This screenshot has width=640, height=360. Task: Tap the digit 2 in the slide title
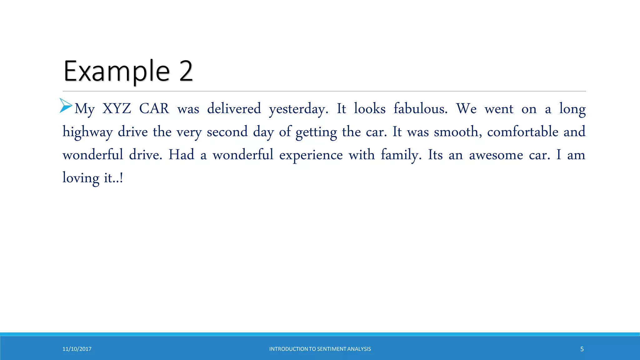point(186,72)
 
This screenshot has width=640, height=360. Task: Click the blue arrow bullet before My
point(66,105)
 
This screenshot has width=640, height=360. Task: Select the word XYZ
point(117,109)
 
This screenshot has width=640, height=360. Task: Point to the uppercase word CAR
point(154,109)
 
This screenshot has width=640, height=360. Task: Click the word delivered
point(234,109)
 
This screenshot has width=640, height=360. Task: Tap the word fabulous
point(420,109)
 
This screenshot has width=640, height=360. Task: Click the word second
point(227,132)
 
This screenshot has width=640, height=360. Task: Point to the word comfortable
point(523,132)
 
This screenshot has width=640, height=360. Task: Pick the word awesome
point(496,155)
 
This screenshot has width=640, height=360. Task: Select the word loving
point(81,178)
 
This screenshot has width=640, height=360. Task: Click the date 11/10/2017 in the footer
point(77,349)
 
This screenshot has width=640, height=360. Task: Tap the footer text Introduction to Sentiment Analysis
point(320,349)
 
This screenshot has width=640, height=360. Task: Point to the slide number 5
point(582,349)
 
